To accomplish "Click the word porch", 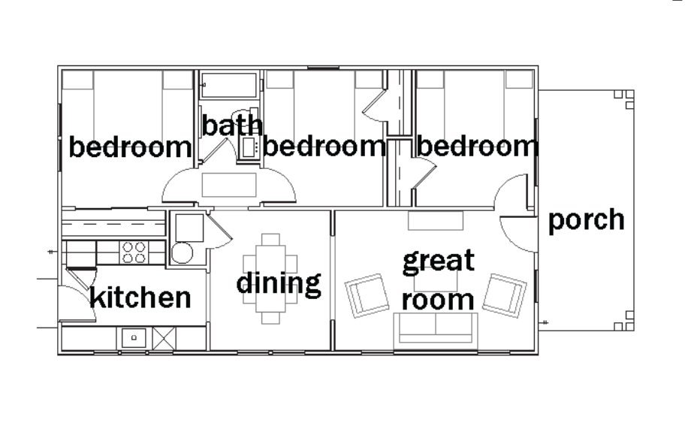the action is coord(586,221).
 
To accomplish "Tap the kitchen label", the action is coord(140,298).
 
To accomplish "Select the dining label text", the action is coord(279,284).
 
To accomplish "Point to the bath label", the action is coord(231,125).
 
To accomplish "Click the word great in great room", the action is coord(439,261).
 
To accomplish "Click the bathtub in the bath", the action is coord(228,85).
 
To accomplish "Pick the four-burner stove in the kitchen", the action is coord(134,252).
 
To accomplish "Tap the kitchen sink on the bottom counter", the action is coord(134,338).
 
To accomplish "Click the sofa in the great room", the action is coord(436,328).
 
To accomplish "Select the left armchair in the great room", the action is coord(367,295).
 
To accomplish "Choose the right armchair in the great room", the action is coord(505,295).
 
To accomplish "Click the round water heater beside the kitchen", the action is coord(182,253).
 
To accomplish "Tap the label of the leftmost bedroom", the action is coord(131,147).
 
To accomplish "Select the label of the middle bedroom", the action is coord(324,146).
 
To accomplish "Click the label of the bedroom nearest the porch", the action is coord(477,146).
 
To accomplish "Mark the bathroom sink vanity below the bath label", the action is coord(249,147).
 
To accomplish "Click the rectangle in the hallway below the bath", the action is coord(229,185).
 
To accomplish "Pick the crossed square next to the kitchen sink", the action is coord(164,338).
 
